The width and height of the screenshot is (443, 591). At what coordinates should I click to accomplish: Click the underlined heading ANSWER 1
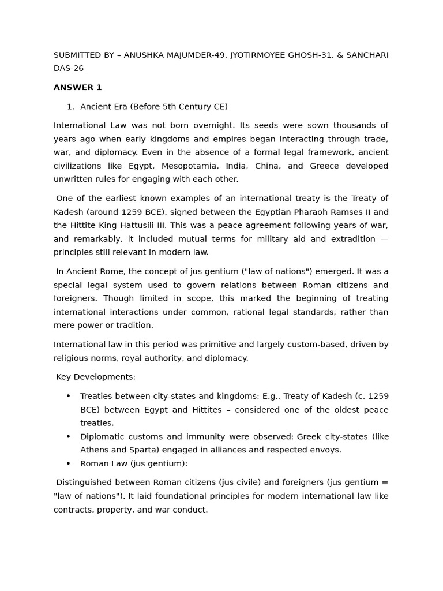click(77, 88)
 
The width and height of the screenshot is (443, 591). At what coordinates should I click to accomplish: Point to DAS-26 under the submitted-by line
click(69, 68)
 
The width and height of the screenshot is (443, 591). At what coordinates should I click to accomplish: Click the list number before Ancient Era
click(70, 107)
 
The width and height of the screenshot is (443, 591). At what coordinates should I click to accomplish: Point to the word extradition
click(352, 238)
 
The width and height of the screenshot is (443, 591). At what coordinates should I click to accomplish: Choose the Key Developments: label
click(96, 377)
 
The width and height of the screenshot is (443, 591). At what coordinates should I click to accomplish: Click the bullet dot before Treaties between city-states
click(68, 396)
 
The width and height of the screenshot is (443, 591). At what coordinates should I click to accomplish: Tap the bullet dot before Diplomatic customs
click(68, 436)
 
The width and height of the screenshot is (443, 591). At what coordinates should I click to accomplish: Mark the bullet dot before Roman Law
click(68, 463)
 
